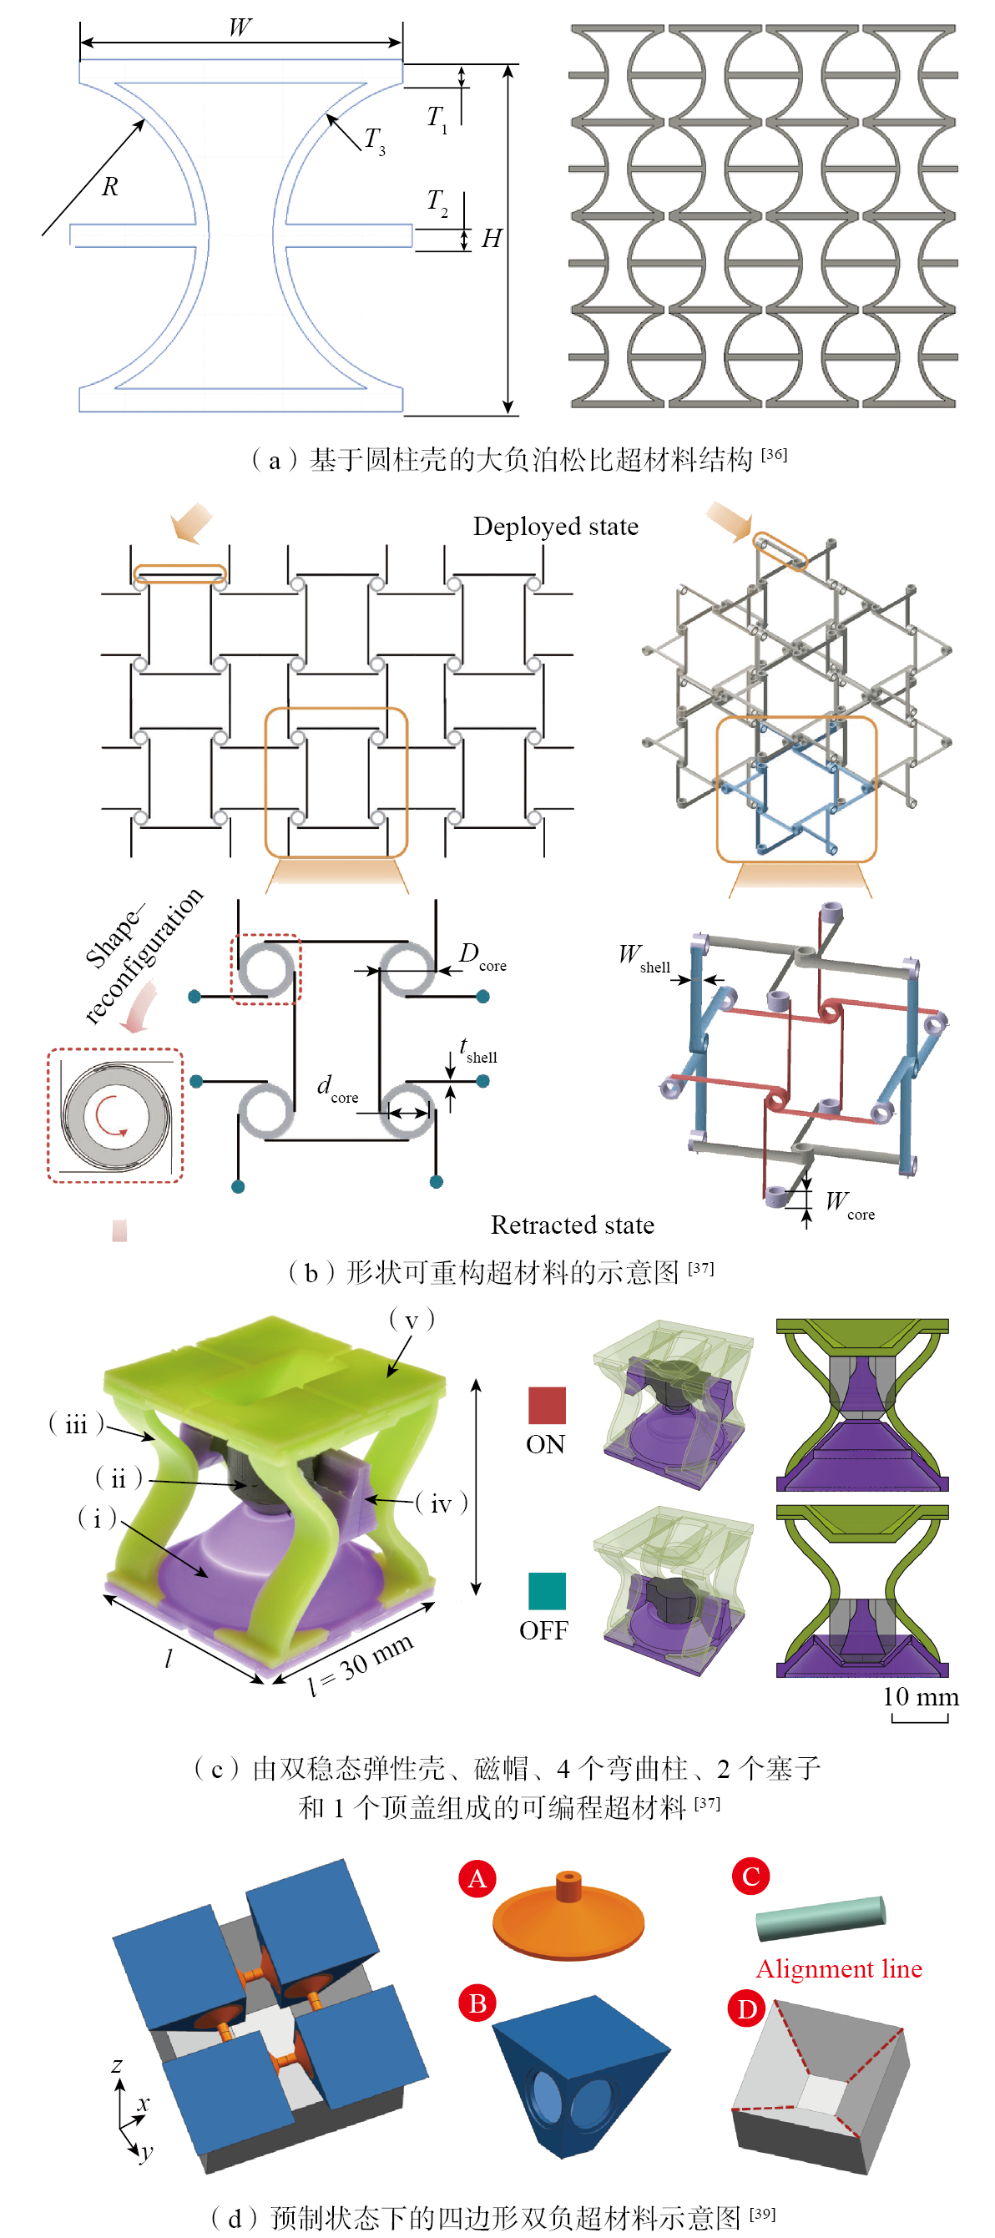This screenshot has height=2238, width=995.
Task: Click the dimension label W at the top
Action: [240, 27]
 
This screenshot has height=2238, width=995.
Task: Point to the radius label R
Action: [109, 187]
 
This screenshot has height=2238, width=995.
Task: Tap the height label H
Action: [491, 238]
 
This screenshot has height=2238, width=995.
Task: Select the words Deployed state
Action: [555, 527]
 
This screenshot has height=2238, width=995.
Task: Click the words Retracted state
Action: [572, 1225]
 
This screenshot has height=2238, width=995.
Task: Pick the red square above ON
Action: [547, 1405]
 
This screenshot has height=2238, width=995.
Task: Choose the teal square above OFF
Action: [547, 1591]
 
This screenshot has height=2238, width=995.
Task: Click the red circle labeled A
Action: [477, 1878]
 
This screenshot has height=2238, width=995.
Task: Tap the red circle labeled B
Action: [477, 2003]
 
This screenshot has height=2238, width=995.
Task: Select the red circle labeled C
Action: [750, 1876]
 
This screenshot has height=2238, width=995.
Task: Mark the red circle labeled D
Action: [746, 2008]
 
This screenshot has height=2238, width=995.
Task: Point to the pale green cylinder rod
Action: [820, 1917]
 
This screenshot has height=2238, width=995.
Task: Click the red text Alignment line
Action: [839, 1968]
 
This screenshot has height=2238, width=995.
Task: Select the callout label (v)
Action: [411, 1321]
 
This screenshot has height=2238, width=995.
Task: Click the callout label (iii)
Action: [77, 1424]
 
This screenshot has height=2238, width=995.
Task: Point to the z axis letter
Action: [118, 2065]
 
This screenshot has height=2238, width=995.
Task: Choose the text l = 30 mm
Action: [361, 1663]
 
